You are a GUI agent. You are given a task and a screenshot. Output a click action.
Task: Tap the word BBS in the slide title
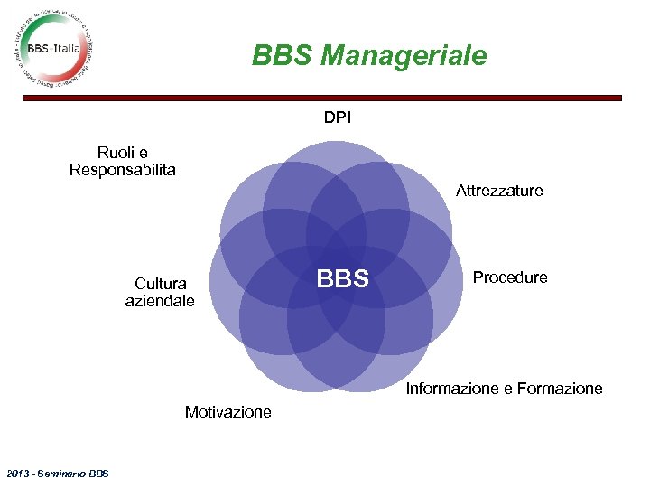283,56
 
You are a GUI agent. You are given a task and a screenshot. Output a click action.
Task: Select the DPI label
339,117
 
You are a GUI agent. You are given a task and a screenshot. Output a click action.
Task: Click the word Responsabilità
123,170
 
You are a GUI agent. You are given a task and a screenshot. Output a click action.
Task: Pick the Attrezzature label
499,191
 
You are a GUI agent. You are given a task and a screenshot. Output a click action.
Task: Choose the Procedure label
510,277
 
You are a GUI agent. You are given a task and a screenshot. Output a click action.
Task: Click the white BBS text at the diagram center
343,279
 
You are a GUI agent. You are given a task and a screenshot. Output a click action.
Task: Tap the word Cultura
160,283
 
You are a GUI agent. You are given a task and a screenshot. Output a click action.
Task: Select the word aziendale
160,300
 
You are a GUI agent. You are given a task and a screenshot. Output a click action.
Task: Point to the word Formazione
560,389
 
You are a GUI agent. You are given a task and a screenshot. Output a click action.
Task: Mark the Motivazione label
227,412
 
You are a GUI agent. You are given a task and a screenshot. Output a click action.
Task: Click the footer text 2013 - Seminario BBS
57,473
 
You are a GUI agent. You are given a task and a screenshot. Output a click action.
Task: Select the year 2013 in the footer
17,473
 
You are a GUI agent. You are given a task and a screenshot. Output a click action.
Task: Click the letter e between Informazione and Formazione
508,389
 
